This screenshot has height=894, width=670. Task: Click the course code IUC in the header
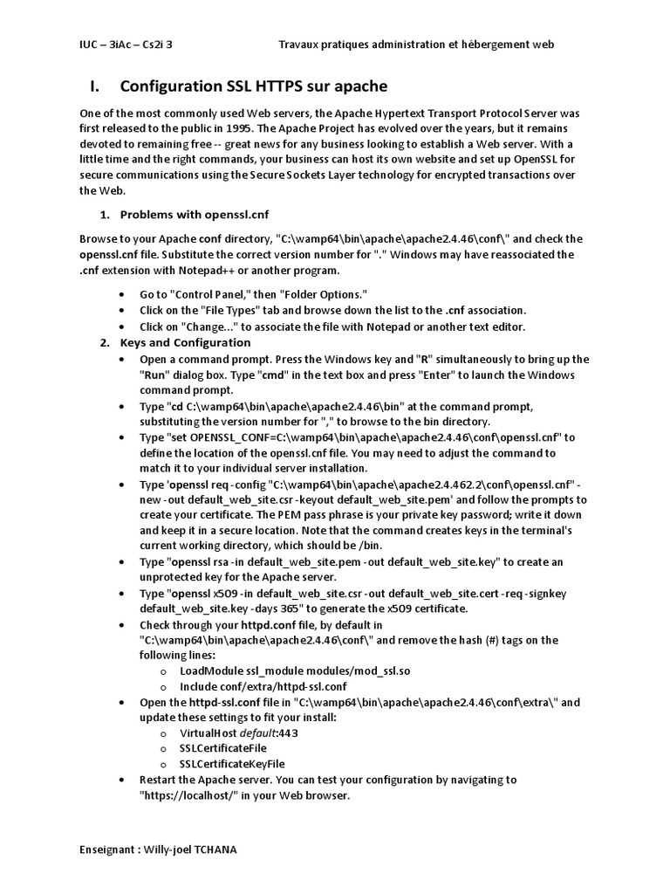[x=89, y=44]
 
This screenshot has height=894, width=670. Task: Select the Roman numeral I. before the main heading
[x=96, y=86]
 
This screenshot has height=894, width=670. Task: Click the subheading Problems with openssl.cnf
[x=195, y=215]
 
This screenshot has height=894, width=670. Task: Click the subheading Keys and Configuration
[x=185, y=342]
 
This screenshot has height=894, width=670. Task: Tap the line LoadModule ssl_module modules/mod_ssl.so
[x=295, y=670]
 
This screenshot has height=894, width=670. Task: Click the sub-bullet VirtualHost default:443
[x=238, y=732]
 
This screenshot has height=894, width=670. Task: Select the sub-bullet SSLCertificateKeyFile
[x=232, y=764]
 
